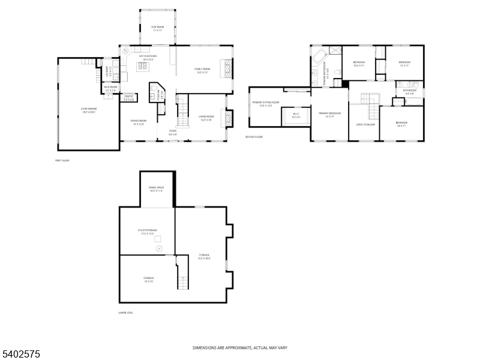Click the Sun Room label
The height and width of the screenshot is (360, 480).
157,28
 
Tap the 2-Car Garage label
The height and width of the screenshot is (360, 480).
88,111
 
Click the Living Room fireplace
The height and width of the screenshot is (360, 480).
227,118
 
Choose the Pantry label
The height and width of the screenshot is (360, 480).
129,97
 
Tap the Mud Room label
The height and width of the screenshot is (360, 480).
110,89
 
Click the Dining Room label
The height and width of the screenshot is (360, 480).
139,122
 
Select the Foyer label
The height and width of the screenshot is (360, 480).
172,133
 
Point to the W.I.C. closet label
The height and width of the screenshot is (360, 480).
296,115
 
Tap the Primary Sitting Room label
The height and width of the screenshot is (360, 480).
266,104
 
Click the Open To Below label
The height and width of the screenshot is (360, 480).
365,124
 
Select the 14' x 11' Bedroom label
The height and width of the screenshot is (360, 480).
401,124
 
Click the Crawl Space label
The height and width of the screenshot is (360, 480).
156,189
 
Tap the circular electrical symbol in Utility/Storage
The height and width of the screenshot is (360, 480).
159,247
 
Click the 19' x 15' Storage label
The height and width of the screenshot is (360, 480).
148,279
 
